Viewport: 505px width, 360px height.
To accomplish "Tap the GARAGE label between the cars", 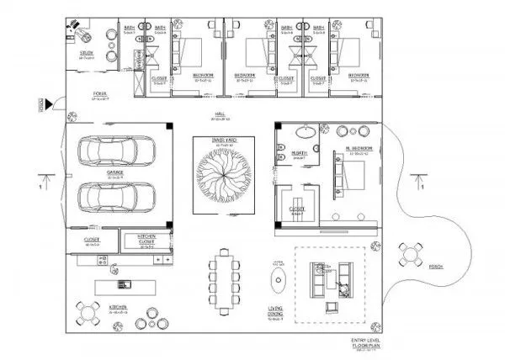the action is tap(115, 174).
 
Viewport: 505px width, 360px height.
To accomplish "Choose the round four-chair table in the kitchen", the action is tap(88, 314).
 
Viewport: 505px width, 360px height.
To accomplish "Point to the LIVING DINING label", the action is tap(276, 313).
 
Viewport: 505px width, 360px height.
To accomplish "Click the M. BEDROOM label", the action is tap(359, 151).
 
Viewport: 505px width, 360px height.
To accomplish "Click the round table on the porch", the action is tap(412, 252).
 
